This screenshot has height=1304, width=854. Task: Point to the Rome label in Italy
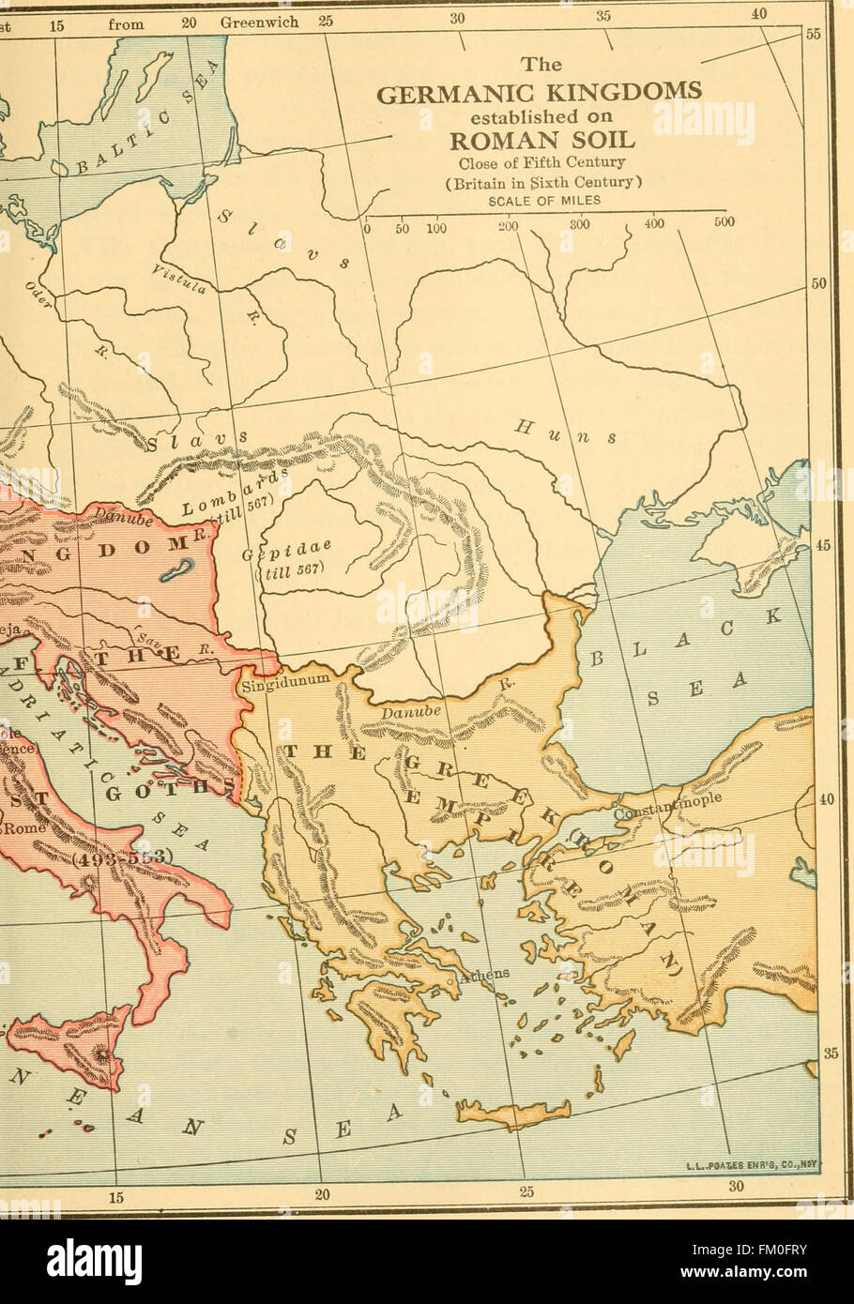17,829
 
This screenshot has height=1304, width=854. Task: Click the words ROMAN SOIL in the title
541,141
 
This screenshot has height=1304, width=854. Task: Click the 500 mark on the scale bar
723,223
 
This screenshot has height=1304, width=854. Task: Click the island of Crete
525,1113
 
